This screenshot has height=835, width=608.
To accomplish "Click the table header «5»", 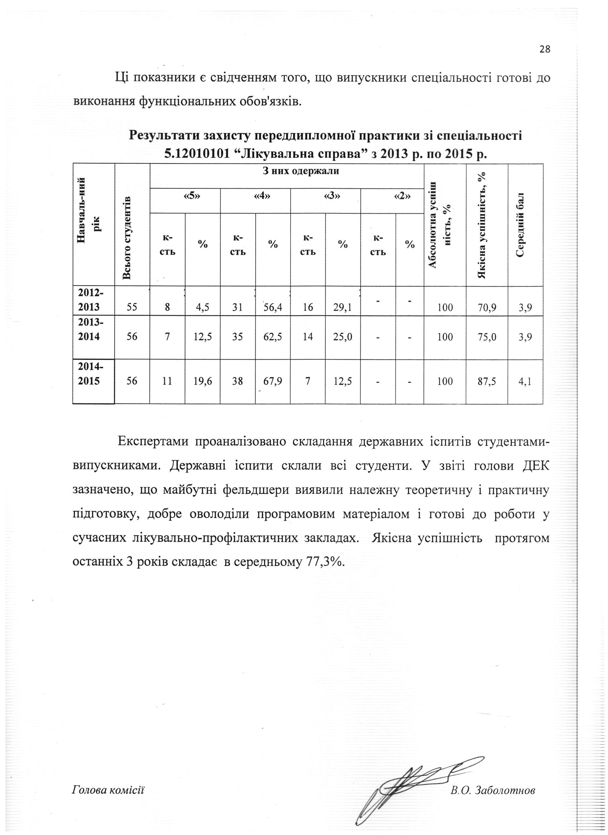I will coord(185,196).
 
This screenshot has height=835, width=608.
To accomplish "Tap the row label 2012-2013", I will coord(91,300).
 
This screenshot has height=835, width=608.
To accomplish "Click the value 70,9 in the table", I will coord(487,308).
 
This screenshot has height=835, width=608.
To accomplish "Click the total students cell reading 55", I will coord(132,308).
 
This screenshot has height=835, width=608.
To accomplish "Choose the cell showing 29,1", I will coord(343,308).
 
